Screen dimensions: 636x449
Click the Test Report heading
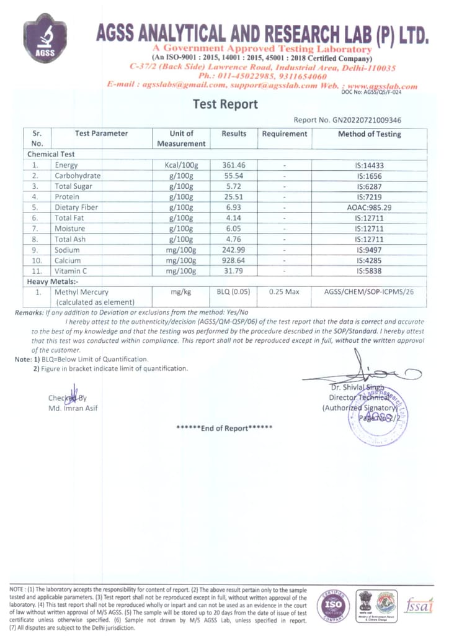tap(225, 104)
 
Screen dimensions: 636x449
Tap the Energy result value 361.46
tap(234, 165)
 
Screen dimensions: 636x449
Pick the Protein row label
tap(67, 196)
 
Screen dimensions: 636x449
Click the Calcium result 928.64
tap(234, 260)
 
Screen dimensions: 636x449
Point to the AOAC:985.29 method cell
tap(369, 207)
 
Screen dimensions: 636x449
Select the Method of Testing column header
tap(369, 134)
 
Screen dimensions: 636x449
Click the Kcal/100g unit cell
tap(182, 165)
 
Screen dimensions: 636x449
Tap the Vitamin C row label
tap(70, 271)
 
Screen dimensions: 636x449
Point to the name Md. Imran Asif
tap(73, 408)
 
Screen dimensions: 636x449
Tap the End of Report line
tap(224, 429)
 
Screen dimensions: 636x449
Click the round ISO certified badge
tap(329, 604)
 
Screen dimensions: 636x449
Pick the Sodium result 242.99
tap(234, 250)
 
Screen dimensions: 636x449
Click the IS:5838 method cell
tap(369, 271)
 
